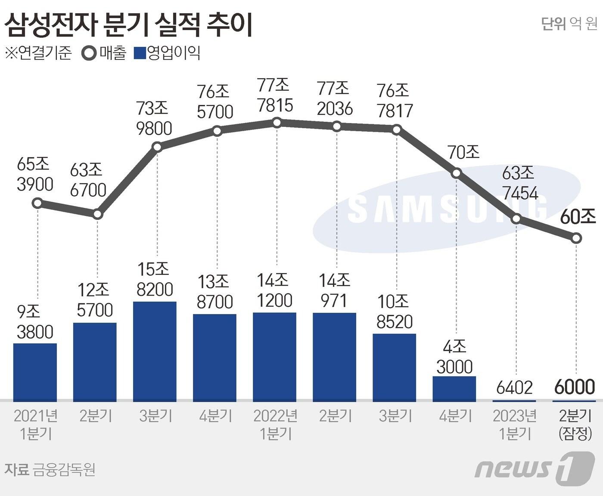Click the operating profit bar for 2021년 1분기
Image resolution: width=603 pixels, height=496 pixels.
tap(35, 372)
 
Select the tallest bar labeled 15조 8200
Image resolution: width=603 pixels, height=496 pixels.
tap(155, 351)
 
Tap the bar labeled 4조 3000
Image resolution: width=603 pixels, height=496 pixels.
tap(454, 389)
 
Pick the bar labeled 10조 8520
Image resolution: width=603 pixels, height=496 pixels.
tap(395, 367)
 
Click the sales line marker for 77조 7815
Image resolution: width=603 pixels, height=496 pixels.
tap(277, 123)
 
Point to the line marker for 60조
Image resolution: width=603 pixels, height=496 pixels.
tap(576, 238)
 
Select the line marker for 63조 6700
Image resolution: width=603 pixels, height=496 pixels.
tap(98, 214)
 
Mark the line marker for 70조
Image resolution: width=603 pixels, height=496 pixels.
tap(457, 173)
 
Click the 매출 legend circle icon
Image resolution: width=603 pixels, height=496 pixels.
tap(89, 53)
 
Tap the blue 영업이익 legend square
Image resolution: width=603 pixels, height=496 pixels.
tap(140, 53)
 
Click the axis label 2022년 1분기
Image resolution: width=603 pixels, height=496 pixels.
tap(276, 424)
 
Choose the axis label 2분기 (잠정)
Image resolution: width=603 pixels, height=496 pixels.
tap(575, 424)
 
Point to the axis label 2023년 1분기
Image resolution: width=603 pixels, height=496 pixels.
tap(515, 424)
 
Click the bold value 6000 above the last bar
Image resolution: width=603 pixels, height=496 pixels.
tap(575, 387)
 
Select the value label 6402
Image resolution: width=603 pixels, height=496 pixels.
tap(515, 388)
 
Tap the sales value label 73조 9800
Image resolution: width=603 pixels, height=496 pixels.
tap(154, 118)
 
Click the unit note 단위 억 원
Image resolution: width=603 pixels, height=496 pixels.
tap(569, 24)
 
